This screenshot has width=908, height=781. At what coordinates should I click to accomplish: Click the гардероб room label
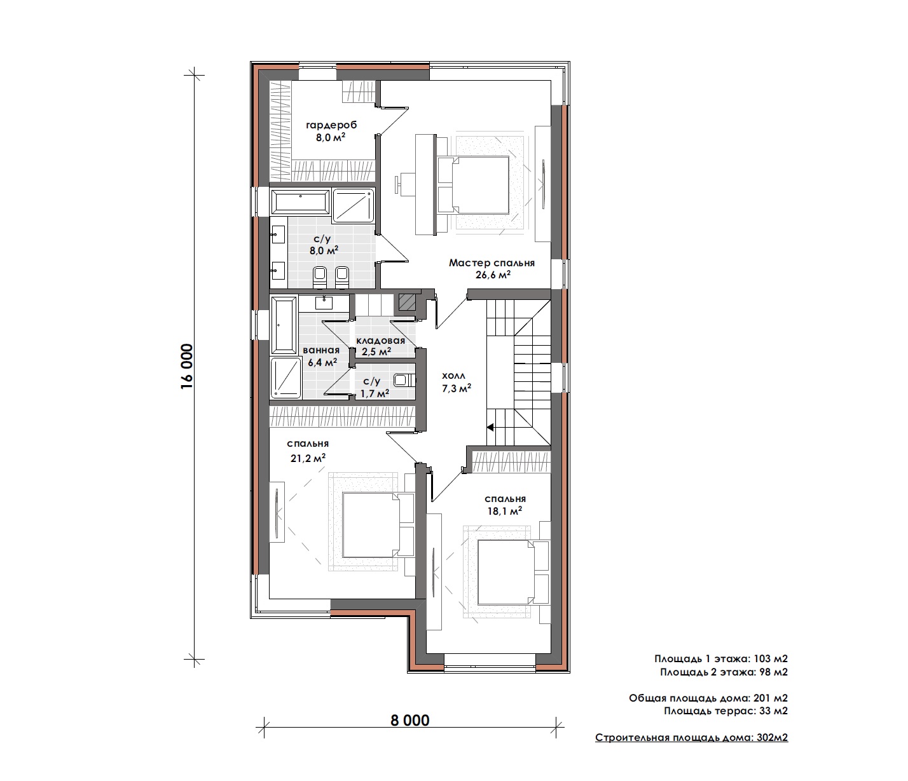331,125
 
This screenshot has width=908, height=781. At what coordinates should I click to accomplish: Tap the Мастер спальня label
492,263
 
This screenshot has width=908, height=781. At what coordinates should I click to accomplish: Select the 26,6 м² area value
493,275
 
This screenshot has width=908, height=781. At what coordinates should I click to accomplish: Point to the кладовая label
380,341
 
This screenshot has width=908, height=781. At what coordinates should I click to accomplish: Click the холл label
453,376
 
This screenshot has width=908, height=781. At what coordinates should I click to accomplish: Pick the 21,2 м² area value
308,458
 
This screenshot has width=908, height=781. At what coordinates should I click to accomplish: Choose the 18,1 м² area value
504,510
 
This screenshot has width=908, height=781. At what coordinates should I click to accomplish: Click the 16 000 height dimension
187,367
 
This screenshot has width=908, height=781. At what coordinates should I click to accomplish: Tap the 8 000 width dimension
410,721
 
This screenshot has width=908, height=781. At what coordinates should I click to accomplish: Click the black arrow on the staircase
490,427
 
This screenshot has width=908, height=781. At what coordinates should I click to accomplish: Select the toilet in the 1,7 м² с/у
404,380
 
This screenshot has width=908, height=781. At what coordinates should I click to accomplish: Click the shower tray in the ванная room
286,378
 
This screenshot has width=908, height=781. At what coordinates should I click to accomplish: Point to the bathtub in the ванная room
284,325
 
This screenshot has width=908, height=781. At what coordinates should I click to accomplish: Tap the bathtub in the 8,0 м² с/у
301,202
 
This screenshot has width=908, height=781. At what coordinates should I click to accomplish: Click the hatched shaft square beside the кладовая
407,302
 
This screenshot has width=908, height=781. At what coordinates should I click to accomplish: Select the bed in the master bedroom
473,185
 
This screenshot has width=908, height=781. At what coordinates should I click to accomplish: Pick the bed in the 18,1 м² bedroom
513,573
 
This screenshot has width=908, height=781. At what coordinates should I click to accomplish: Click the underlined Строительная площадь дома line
691,737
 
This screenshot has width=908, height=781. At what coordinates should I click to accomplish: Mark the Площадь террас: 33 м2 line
726,710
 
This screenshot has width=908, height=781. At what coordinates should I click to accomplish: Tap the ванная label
321,350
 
